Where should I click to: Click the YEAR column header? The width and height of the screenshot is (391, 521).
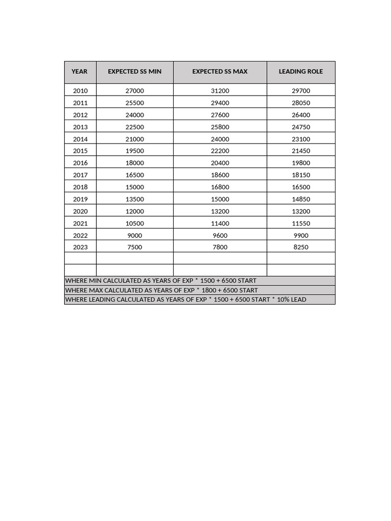pos(79,72)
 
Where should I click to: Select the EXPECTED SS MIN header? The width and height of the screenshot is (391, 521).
pos(134,72)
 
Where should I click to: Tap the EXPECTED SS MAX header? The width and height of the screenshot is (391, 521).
pos(220,72)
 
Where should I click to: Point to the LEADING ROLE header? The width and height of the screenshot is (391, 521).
pos(300,72)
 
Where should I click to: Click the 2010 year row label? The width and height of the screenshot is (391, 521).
pos(80,91)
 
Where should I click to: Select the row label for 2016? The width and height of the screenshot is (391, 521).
pos(80,163)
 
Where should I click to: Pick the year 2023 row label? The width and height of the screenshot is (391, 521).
pos(80,247)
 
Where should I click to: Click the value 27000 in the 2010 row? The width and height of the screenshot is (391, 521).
pos(134,91)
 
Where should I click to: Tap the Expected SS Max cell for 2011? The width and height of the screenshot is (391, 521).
pos(220,103)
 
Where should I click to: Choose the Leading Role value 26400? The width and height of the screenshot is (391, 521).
pos(301,115)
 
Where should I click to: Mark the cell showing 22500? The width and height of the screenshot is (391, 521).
pos(134,127)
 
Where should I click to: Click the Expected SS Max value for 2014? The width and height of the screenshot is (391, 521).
pos(220,139)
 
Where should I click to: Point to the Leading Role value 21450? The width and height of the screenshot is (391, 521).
pos(301,151)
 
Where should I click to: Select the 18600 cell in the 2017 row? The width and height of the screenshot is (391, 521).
pos(220,175)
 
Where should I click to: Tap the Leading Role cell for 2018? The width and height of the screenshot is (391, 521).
pos(301,187)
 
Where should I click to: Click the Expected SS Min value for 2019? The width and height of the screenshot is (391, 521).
pos(134,199)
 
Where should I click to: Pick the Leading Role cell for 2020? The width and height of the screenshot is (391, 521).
pos(301,212)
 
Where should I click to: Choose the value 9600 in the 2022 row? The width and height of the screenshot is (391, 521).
pos(220,236)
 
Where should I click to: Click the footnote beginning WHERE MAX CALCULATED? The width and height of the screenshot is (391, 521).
pos(161,290)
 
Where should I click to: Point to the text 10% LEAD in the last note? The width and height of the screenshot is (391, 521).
pos(292,300)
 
